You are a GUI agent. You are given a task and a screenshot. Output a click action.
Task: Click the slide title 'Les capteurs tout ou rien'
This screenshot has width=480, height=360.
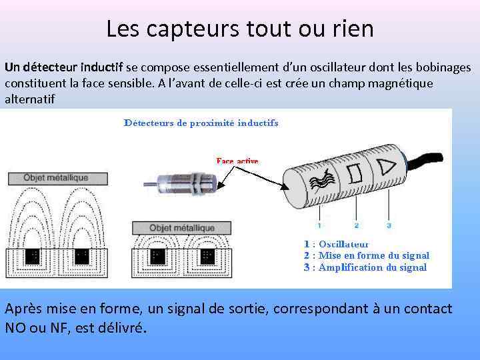(240, 29)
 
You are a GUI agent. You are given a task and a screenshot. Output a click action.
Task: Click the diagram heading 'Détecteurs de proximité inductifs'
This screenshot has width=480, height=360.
(201, 123)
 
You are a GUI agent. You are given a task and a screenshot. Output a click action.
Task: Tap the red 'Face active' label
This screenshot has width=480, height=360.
(237, 161)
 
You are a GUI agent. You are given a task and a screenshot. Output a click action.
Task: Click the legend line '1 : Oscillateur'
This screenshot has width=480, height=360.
(336, 244)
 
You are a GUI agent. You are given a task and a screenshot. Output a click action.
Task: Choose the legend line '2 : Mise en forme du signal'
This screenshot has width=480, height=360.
(366, 255)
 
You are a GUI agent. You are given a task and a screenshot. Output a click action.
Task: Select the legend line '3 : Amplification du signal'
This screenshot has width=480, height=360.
(365, 267)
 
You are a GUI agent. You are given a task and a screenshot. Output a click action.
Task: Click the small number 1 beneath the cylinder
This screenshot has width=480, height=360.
(320, 225)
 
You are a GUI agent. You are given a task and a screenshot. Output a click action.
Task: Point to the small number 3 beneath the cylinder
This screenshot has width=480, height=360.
(389, 225)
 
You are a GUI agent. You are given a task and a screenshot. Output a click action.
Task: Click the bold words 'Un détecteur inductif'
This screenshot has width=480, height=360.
(63, 67)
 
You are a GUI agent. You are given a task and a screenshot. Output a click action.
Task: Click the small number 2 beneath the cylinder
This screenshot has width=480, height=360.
(357, 225)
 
